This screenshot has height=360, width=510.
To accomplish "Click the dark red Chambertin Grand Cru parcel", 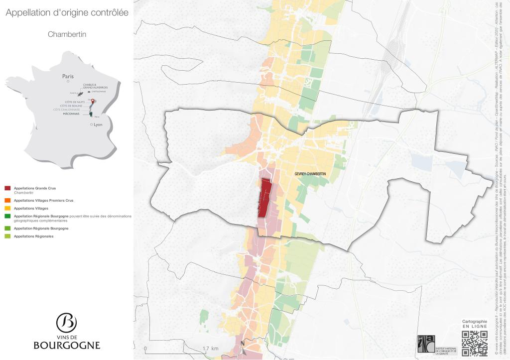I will [264, 198].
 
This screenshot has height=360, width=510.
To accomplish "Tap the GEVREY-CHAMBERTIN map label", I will [310, 173].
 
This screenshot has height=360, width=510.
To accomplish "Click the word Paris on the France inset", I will [68, 76].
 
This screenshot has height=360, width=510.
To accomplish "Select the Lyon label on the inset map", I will [98, 124].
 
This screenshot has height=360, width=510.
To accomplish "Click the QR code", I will [474, 344].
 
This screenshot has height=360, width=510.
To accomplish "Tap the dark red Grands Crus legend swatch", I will [7, 188].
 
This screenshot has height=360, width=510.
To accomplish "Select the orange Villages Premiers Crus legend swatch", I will [7, 200].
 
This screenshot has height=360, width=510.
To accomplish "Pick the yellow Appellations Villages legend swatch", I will [7, 208].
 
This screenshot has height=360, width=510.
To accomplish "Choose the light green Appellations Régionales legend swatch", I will [7, 236].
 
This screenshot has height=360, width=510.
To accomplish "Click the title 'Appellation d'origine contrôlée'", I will [67, 13].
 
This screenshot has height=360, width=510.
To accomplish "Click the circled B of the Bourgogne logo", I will [66, 323].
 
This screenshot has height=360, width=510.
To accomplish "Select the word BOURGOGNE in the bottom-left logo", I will [67, 345].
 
